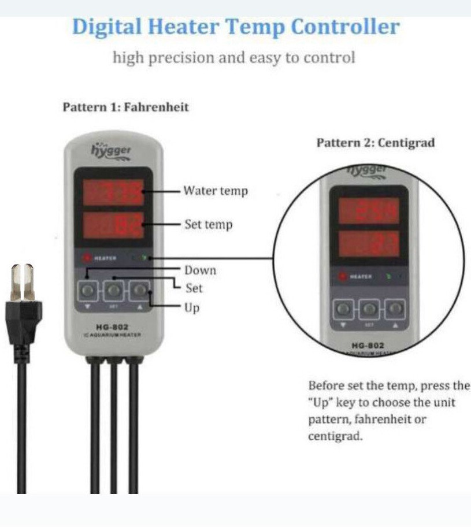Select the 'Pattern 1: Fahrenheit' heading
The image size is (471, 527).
point(125,107)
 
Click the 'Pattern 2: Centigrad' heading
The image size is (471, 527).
point(375,143)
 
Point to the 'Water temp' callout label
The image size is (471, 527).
point(215,191)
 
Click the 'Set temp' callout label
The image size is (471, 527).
point(208,225)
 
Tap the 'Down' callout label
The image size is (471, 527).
point(200,270)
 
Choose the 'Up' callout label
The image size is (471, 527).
point(192,307)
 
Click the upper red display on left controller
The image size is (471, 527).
point(113,192)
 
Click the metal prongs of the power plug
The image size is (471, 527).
point(22,281)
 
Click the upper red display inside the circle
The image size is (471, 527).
point(368,210)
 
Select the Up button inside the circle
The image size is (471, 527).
point(394,309)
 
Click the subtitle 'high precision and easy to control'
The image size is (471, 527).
point(233,58)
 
